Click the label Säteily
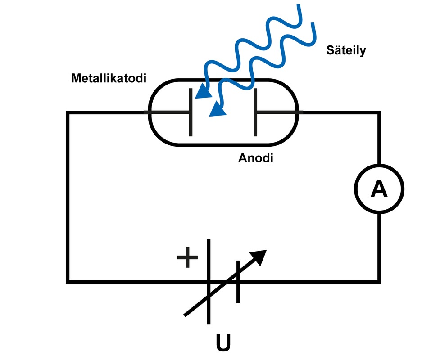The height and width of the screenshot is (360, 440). click(346, 50)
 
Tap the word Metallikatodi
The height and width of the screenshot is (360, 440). click(109, 78)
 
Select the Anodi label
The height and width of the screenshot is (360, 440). click(256, 158)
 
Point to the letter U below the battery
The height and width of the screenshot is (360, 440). click(223, 342)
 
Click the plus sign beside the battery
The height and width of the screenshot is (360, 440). click(187, 257)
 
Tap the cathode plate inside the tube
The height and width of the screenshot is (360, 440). click(191, 112)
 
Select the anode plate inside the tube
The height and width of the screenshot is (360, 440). click(255, 112)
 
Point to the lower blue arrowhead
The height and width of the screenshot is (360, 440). click(218, 109)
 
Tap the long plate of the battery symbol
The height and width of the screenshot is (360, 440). click(209, 282)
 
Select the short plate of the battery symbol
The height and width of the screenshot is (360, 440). click(238, 282)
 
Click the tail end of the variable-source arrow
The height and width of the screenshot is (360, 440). click(185, 316)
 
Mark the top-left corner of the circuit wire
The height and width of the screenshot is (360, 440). click(68, 112)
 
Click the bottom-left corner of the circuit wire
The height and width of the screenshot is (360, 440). click(68, 281)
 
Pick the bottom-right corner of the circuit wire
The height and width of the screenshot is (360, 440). click(379, 281)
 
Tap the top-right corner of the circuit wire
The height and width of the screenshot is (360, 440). click(379, 112)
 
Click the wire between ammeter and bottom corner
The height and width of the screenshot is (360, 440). click(379, 247)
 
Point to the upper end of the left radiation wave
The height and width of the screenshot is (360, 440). click(299, 5)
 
